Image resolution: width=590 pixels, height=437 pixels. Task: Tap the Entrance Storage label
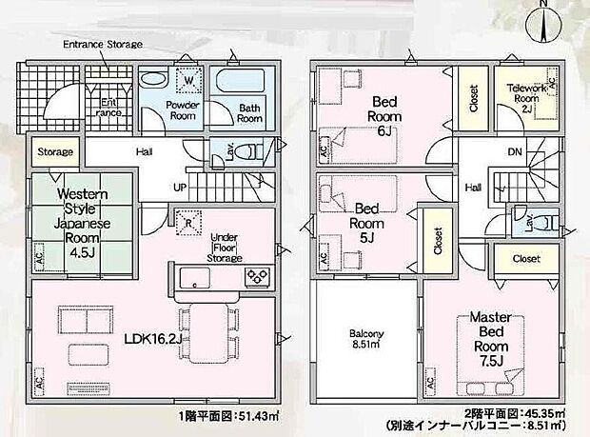coord(102,45)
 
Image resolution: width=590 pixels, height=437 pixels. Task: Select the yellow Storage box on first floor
coord(54,152)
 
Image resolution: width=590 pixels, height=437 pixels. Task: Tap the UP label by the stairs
coord(179,187)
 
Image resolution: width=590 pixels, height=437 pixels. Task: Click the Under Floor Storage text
coord(227,248)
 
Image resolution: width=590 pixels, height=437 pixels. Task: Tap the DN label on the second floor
coord(515,151)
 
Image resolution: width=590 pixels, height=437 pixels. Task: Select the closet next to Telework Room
coord(474,98)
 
